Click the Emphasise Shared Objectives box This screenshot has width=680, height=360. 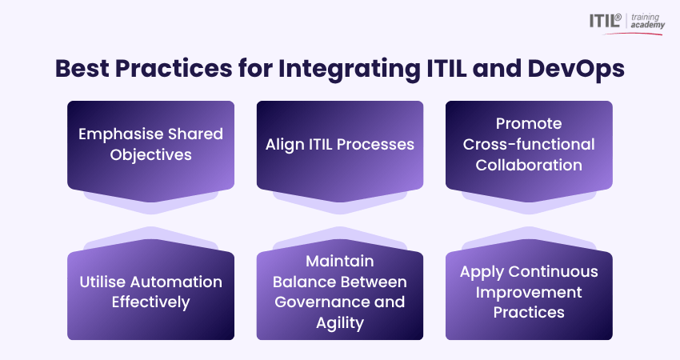pyautogui.click(x=150, y=144)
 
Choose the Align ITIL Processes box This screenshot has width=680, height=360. pyautogui.click(x=339, y=144)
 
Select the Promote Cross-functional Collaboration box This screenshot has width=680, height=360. pyautogui.click(x=529, y=144)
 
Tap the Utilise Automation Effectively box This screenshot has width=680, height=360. pyautogui.click(x=150, y=293)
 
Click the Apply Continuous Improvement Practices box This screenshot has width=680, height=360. pyautogui.click(x=529, y=293)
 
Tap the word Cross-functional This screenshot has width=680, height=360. pyautogui.click(x=529, y=144)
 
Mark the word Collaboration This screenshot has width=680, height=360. pyautogui.click(x=529, y=165)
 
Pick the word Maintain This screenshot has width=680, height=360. pyautogui.click(x=339, y=262)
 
